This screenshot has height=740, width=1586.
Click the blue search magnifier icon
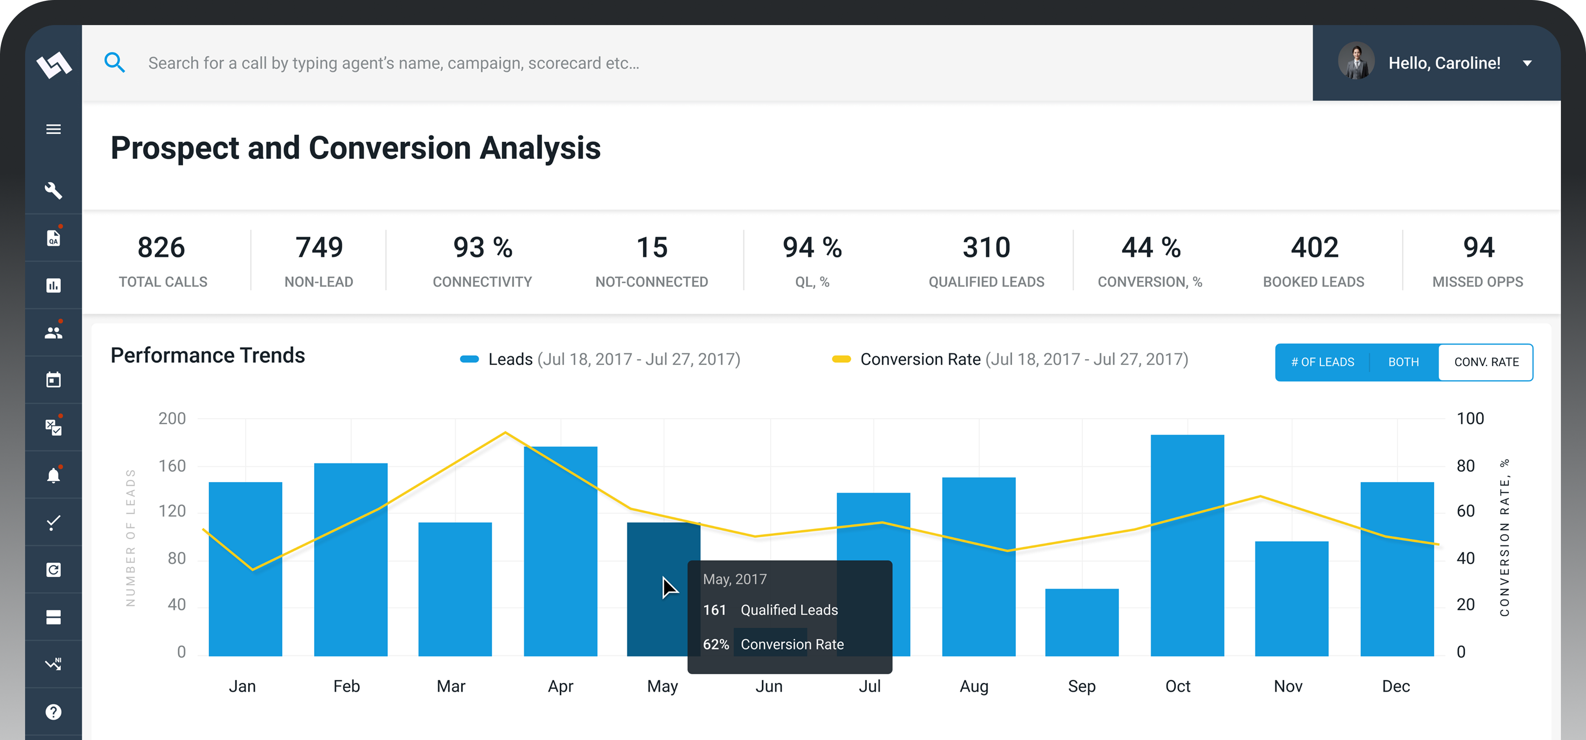[115, 62]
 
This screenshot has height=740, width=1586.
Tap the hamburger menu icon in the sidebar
[54, 129]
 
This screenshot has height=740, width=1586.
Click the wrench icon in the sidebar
[54, 190]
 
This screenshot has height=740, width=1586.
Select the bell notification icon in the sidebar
[54, 475]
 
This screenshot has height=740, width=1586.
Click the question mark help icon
[54, 712]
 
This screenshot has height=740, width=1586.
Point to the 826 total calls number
[161, 248]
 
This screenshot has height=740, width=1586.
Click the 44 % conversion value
[1150, 248]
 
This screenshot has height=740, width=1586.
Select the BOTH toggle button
[1403, 362]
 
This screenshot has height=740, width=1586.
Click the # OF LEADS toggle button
[1323, 362]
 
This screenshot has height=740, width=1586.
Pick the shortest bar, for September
[1082, 622]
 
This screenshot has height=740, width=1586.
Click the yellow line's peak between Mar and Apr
[506, 433]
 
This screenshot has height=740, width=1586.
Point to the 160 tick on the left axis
[172, 466]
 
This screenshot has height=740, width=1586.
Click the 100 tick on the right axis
[1470, 418]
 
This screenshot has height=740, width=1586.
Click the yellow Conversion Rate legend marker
[841, 359]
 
